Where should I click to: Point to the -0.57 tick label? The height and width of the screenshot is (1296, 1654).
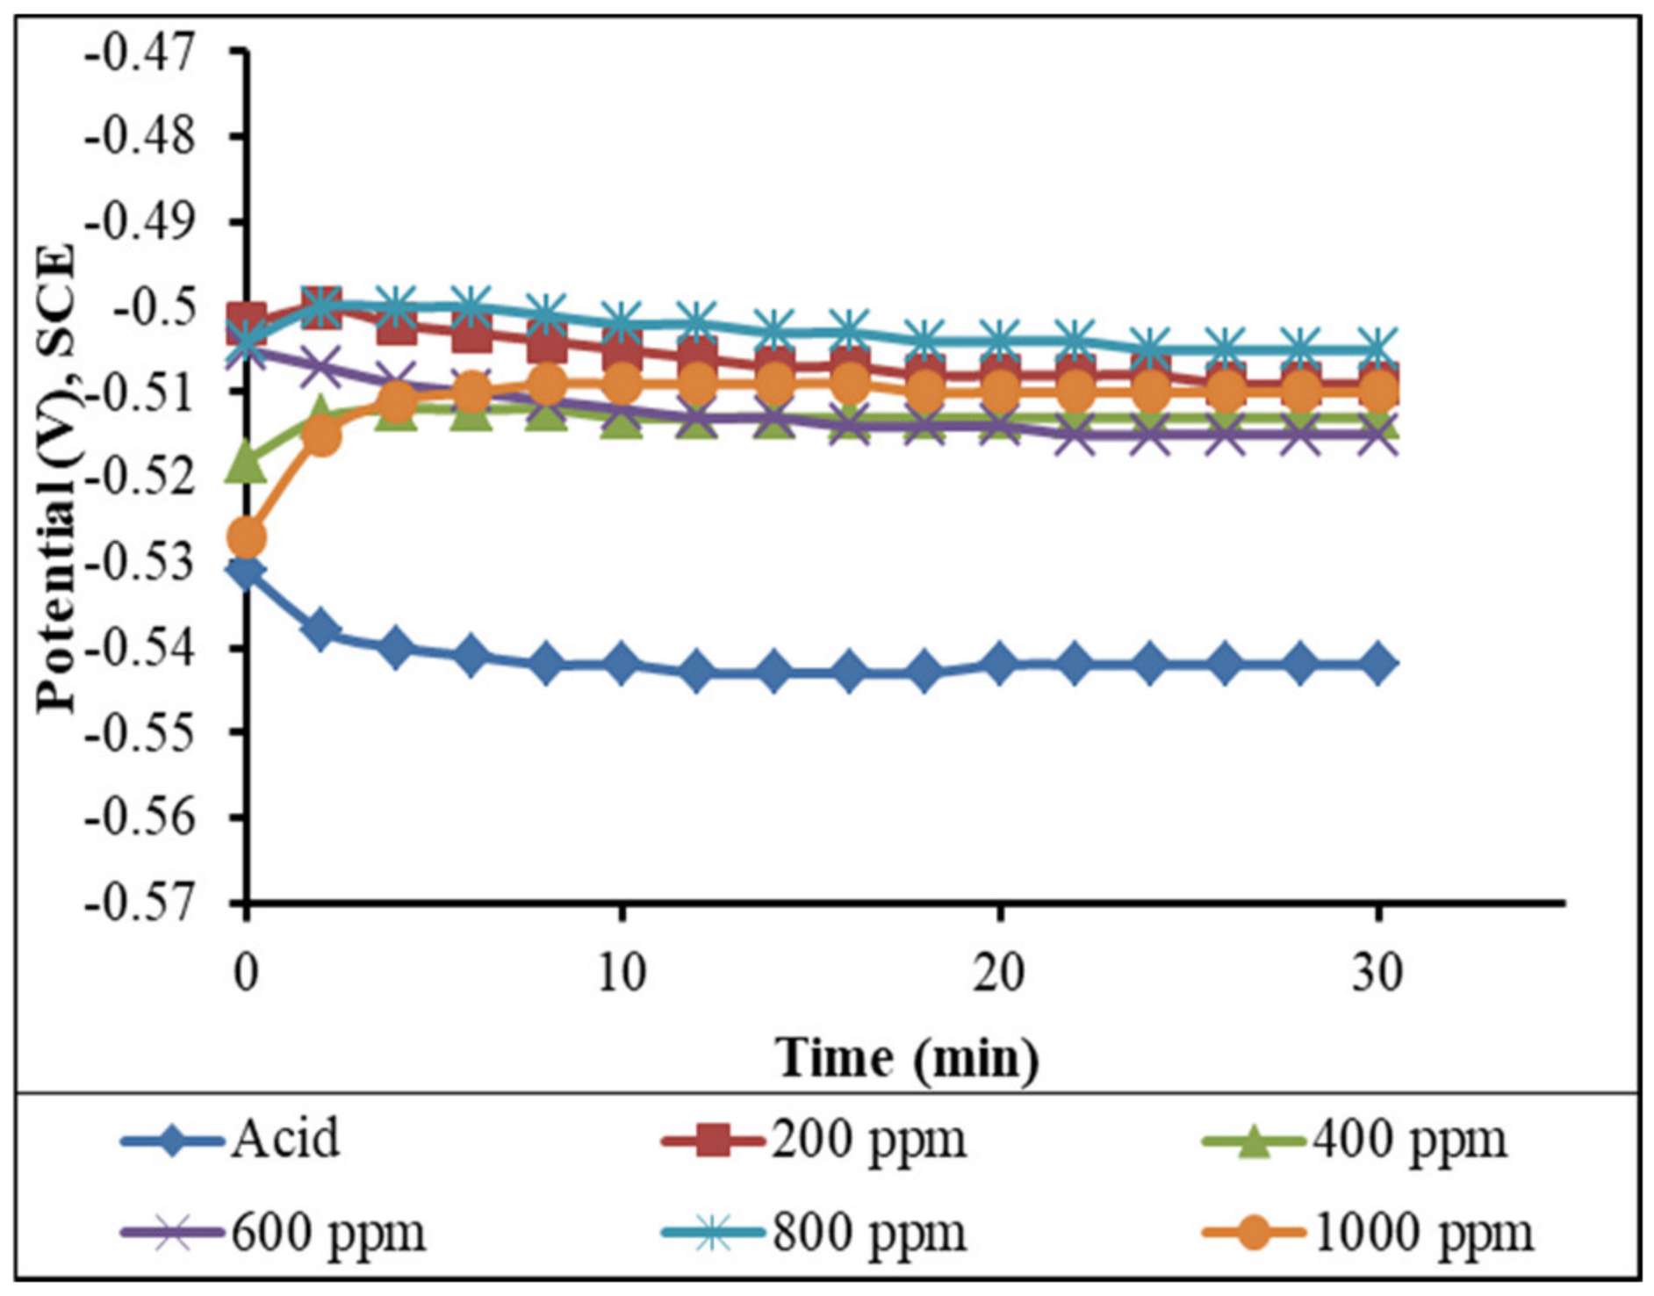tap(140, 904)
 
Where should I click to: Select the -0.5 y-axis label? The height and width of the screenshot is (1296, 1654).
tap(153, 309)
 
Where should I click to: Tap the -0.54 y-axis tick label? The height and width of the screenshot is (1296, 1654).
tap(140, 649)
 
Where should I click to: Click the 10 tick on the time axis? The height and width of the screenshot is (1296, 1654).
tap(622, 974)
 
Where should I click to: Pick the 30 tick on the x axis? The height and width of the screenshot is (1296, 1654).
tap(1377, 974)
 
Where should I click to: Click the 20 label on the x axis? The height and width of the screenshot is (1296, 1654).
tap(999, 974)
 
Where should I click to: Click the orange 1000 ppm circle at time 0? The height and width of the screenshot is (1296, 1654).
tap(247, 537)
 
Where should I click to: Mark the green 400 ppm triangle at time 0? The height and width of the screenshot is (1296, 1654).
tap(247, 464)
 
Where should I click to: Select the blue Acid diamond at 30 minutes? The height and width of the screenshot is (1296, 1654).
tap(1377, 664)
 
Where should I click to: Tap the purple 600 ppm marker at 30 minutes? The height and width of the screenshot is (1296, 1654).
tap(1377, 436)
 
